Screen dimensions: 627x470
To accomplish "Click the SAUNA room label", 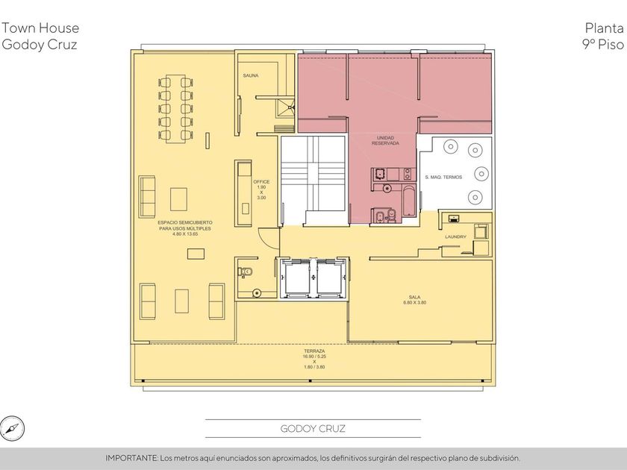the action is (x=251, y=75).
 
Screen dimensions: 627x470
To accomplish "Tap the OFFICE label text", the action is (x=261, y=182).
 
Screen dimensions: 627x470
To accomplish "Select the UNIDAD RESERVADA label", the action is (x=385, y=140).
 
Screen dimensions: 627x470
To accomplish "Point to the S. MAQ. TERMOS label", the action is (x=443, y=177).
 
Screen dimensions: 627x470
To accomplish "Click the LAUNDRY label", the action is (x=455, y=236).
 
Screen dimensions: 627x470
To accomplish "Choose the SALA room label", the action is (x=415, y=297).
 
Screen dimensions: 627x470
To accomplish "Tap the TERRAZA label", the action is (x=314, y=351).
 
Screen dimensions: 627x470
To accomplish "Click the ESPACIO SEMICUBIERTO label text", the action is (x=185, y=222).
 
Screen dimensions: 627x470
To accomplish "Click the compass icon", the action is (x=12, y=428).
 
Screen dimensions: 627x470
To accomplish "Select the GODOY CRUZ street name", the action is (x=313, y=429).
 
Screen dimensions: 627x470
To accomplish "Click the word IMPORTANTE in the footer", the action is (x=131, y=458).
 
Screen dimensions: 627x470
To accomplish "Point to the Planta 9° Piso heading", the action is (x=603, y=36).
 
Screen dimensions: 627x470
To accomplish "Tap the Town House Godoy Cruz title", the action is (x=40, y=36).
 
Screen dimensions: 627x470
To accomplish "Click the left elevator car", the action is (x=296, y=278).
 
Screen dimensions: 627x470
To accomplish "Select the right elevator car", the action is (x=331, y=278).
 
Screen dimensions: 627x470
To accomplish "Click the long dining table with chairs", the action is (x=175, y=108).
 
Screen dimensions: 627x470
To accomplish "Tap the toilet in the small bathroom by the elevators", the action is (x=245, y=272).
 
